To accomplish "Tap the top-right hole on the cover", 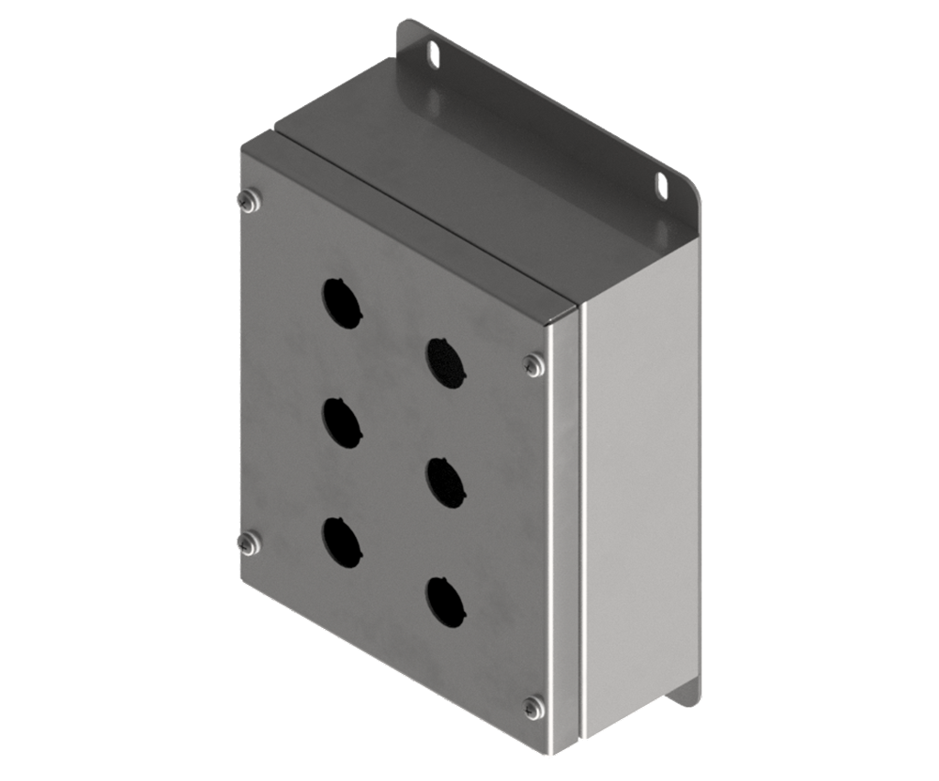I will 444,361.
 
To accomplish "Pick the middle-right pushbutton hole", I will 444,482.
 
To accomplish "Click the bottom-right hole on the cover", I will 444,602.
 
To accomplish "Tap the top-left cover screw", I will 249,198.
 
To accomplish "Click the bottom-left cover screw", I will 249,542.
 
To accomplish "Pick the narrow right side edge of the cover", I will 564,526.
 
